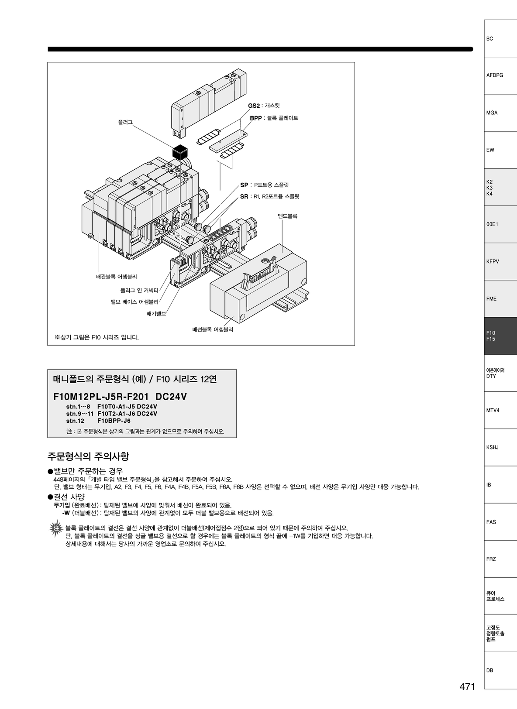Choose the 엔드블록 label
click(288, 216)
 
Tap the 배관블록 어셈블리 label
click(117, 277)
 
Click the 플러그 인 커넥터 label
click(139, 290)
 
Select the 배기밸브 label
click(156, 314)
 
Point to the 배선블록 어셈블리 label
click(213, 329)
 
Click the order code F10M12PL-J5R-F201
click(102, 397)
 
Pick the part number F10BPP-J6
click(114, 421)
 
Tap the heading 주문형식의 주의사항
click(88, 456)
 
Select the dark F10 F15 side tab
click(500, 336)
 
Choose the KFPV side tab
click(500, 261)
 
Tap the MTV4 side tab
click(500, 410)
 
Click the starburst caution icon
click(56, 528)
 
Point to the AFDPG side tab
click(500, 75)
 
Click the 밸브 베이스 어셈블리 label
click(134, 302)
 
